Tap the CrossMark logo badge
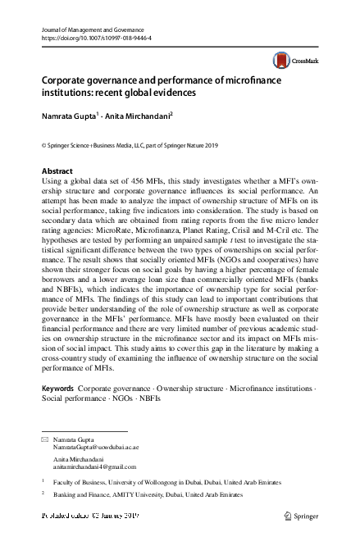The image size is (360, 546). pyautogui.click(x=294, y=61)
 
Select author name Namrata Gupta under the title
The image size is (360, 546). pyautogui.click(x=69, y=116)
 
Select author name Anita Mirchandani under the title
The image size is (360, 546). pyautogui.click(x=137, y=116)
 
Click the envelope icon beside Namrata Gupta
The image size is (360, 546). pyautogui.click(x=44, y=440)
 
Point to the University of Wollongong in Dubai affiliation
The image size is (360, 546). pyautogui.click(x=148, y=484)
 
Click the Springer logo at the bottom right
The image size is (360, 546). pyautogui.click(x=300, y=516)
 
